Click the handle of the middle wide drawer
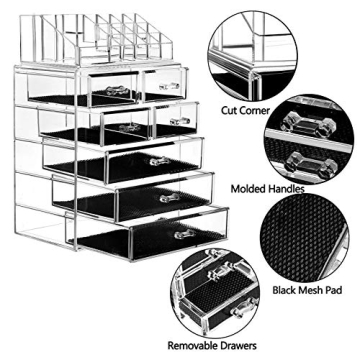pyautogui.click(x=168, y=198)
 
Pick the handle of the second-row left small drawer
pyautogui.click(x=126, y=127)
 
